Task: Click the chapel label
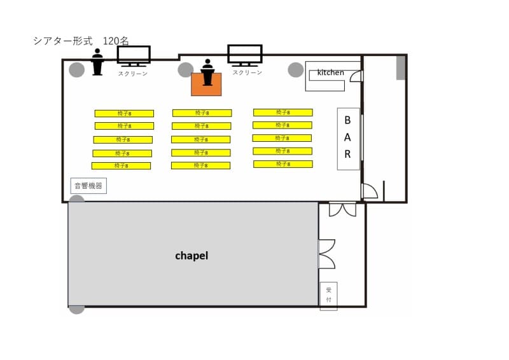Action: [x=192, y=256]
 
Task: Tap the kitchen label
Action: [x=330, y=73]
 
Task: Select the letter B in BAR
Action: [x=347, y=120]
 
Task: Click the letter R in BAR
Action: [x=347, y=154]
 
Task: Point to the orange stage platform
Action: [x=206, y=85]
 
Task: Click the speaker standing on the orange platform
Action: [x=207, y=73]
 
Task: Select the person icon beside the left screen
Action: [x=97, y=62]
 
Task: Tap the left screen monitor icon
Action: [x=134, y=56]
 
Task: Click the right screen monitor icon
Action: [x=245, y=55]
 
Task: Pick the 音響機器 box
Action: [x=88, y=186]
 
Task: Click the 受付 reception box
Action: [x=328, y=296]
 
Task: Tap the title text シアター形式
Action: [x=63, y=41]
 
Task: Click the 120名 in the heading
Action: [x=116, y=41]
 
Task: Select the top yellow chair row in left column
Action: [x=124, y=113]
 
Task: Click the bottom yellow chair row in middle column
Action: [x=200, y=165]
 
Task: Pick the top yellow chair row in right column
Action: [x=283, y=113]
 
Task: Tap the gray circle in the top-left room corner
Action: [x=77, y=69]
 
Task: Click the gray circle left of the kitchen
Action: [x=296, y=70]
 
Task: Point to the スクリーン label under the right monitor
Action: [x=247, y=73]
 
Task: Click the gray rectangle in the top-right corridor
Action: [x=401, y=67]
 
